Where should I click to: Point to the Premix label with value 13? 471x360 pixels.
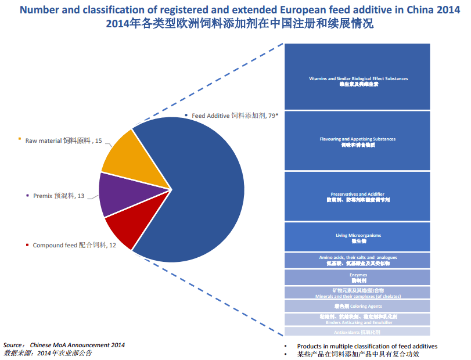pyautogui.click(x=58, y=196)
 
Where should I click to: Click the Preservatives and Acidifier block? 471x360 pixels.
pyautogui.click(x=357, y=196)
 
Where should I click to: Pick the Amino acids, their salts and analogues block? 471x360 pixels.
pyautogui.click(x=357, y=260)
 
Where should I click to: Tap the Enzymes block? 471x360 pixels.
pyautogui.click(x=357, y=277)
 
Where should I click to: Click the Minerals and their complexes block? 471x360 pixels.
pyautogui.click(x=357, y=293)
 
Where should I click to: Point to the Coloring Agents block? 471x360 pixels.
pyautogui.click(x=357, y=306)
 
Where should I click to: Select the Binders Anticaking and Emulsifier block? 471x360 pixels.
pyautogui.click(x=357, y=319)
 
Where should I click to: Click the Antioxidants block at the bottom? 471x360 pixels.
pyautogui.click(x=357, y=332)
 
